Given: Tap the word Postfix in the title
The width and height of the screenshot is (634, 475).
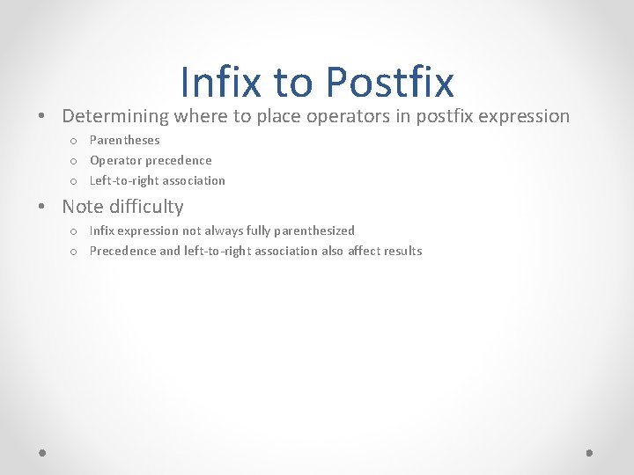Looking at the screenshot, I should point(389,82).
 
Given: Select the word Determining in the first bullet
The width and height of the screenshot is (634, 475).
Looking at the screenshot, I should point(115,116).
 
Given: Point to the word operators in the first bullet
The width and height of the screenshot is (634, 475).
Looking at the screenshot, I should point(343,116).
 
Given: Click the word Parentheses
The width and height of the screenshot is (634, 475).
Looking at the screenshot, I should point(125,140).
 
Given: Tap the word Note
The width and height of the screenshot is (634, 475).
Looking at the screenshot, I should point(84,207).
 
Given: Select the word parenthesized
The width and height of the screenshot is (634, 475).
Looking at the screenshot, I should point(315,230).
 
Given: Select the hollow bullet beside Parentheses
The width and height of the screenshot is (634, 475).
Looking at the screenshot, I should point(74,141).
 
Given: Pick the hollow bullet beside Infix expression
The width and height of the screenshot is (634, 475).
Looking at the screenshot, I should point(74,231).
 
